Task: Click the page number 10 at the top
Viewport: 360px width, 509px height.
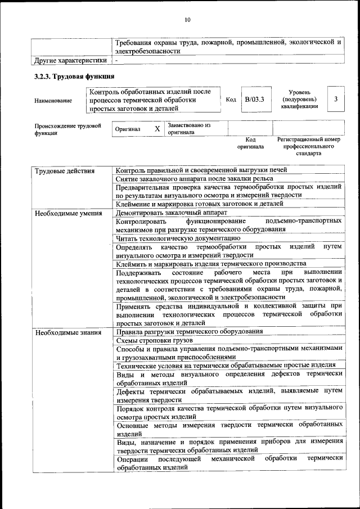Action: click(187, 20)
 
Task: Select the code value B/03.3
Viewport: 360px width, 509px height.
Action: click(254, 100)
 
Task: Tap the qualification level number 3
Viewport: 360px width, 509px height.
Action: click(335, 100)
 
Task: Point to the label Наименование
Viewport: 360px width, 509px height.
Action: click(53, 101)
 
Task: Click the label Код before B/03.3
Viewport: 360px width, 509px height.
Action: click(231, 100)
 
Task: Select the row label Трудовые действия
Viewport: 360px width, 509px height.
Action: click(65, 170)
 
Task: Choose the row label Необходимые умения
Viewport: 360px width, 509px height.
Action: click(68, 214)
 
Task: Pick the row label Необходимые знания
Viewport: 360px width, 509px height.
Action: click(67, 332)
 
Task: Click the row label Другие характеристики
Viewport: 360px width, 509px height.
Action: click(70, 60)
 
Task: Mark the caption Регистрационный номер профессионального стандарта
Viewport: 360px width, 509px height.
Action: click(309, 146)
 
